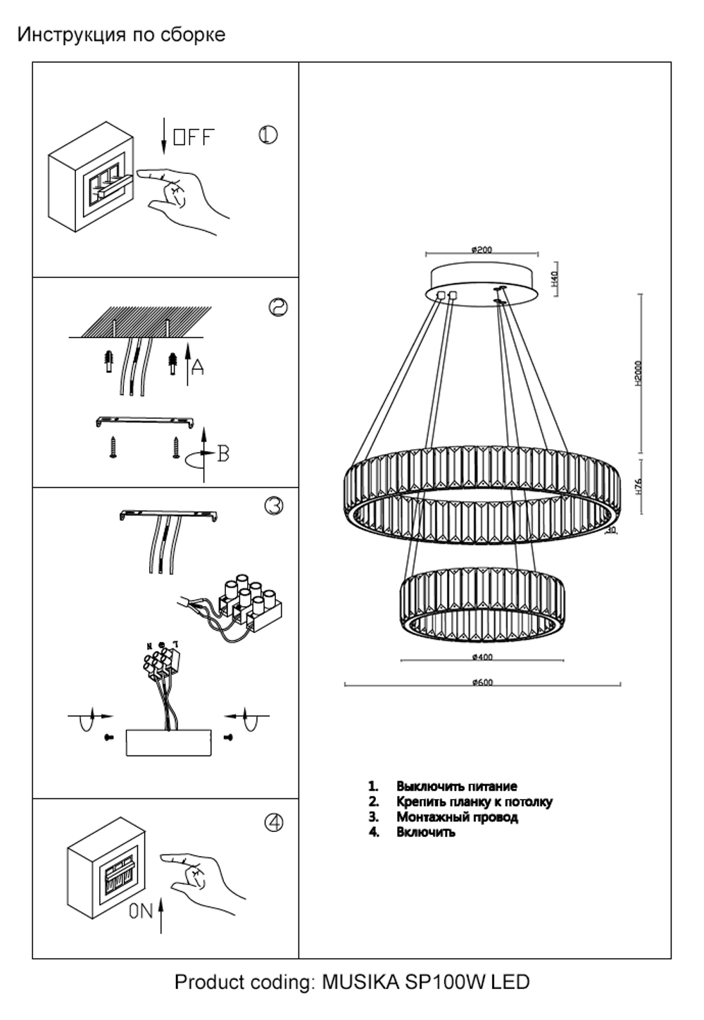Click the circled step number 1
click(268, 135)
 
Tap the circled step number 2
click(279, 308)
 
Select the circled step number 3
click(274, 505)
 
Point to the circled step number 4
click(274, 822)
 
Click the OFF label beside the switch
click(194, 137)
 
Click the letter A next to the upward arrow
click(198, 367)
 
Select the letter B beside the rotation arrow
click(223, 454)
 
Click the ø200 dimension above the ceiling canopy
click(482, 249)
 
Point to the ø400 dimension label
click(482, 657)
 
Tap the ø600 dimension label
click(482, 681)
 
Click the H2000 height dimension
click(639, 374)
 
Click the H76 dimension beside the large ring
click(639, 488)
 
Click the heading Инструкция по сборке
click(121, 34)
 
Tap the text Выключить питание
click(456, 786)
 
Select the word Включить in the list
click(425, 832)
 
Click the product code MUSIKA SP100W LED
click(425, 982)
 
